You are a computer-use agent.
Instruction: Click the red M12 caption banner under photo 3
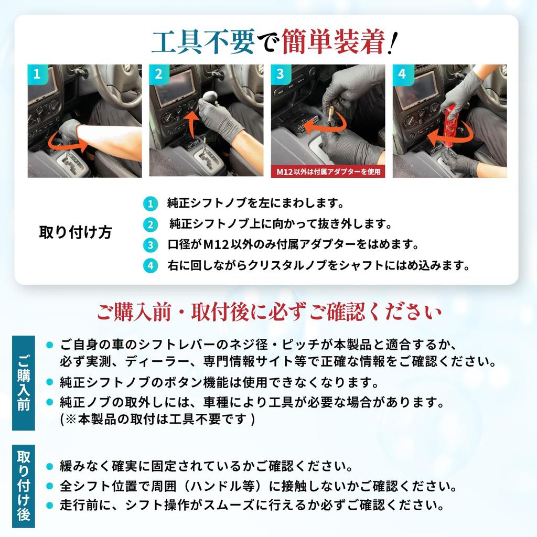click(328, 171)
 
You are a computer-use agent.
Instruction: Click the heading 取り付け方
click(76, 232)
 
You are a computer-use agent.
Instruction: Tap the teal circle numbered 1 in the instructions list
click(151, 204)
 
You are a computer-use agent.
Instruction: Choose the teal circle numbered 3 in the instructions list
click(151, 245)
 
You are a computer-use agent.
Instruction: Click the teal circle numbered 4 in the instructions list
click(151, 266)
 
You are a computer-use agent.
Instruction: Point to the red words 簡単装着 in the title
click(332, 42)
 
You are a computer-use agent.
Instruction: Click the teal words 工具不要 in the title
click(203, 42)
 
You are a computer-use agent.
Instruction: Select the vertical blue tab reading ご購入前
click(23, 383)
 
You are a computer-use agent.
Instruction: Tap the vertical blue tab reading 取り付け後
click(23, 486)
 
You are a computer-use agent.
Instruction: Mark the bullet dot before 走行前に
click(50, 505)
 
